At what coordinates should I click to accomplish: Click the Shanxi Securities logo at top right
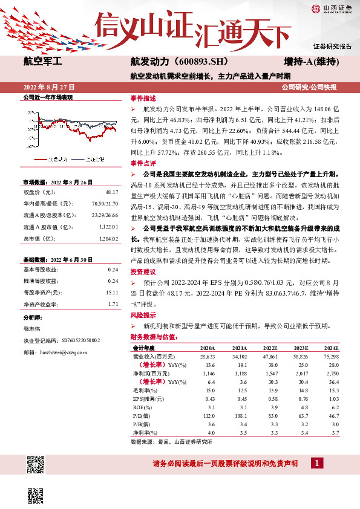(x=330, y=8)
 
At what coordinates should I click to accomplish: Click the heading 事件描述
(x=143, y=97)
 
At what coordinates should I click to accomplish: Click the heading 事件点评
(x=143, y=163)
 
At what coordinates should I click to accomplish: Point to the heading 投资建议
(x=143, y=272)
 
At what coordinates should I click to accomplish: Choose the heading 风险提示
(x=143, y=316)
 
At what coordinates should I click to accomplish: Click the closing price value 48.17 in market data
(x=112, y=192)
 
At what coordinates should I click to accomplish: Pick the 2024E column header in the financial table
(x=331, y=349)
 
